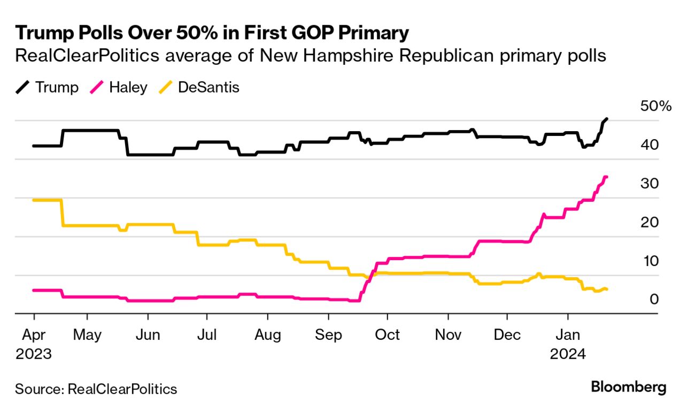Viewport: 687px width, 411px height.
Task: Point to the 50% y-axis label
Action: coord(655,106)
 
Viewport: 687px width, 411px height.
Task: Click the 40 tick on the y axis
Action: coord(650,144)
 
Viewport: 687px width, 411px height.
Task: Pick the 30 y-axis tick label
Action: coord(650,184)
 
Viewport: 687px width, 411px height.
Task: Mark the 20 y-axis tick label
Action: coord(650,223)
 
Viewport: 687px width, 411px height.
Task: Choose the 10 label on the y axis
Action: coord(650,261)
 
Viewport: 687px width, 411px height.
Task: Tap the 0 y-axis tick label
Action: coord(654,300)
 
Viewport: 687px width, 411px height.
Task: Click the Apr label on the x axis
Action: coord(34,335)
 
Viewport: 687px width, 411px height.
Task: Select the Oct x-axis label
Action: coord(387,335)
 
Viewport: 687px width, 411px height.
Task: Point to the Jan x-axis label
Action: coord(568,335)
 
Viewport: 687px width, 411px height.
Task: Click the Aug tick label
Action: coord(267,335)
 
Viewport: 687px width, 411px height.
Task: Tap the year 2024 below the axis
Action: coord(568,354)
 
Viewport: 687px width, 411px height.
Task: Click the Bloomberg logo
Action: coord(629,387)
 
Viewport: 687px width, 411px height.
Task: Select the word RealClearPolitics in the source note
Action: coord(122,389)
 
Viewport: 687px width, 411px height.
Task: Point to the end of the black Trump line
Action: coord(606,119)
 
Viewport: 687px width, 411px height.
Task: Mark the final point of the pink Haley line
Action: coord(606,177)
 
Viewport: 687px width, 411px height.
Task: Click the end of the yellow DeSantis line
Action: coord(606,290)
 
